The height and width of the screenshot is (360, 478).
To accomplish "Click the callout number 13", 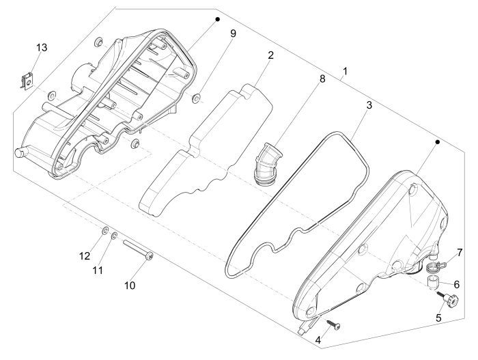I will tap(42, 47).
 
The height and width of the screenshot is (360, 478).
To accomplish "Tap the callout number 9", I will tap(232, 33).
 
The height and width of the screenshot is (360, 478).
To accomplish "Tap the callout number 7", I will tap(459, 252).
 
